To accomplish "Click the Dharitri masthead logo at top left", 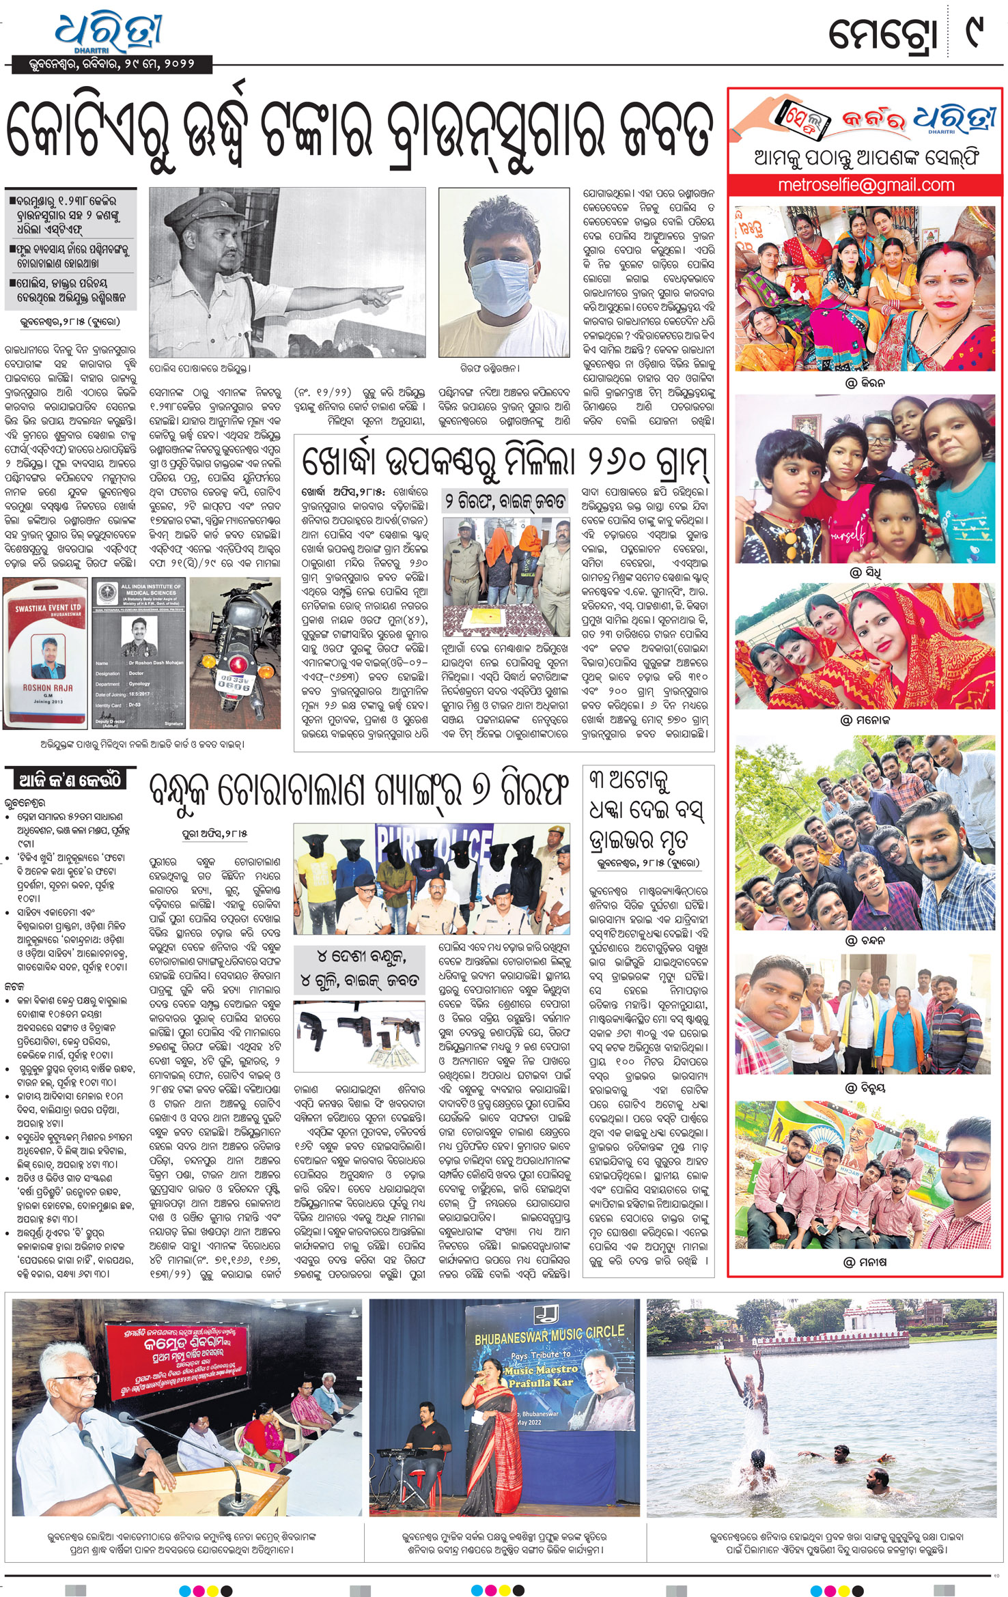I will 109,33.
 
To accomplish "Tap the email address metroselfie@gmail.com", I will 866,184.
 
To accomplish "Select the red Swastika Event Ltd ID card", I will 46,652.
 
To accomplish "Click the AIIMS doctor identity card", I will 139,652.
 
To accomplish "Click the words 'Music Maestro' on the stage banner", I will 541,1369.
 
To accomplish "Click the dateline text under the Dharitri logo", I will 111,65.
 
